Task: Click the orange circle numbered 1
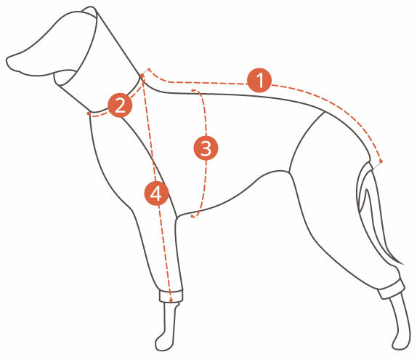click(259, 81)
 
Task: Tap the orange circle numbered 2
click(120, 105)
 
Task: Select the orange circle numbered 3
click(206, 148)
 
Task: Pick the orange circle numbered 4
click(156, 193)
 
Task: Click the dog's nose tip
click(8, 60)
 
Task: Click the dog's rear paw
click(402, 341)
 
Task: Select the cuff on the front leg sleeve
click(171, 296)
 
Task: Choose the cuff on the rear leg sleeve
click(392, 289)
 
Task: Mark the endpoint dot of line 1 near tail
click(381, 161)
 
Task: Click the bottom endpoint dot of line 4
click(171, 300)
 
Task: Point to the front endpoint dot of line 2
click(89, 113)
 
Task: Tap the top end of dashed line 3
click(193, 91)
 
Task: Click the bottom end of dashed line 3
click(193, 217)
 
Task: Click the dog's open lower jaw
click(64, 78)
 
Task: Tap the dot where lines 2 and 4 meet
click(142, 76)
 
